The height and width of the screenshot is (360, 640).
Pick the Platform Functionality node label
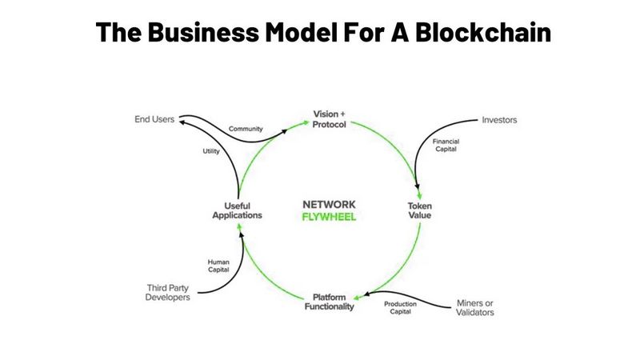[329, 302]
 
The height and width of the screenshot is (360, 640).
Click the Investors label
[499, 120]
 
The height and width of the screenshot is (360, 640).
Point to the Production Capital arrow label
[400, 309]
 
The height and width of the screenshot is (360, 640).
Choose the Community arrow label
[246, 129]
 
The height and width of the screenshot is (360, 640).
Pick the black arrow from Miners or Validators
[408, 295]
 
